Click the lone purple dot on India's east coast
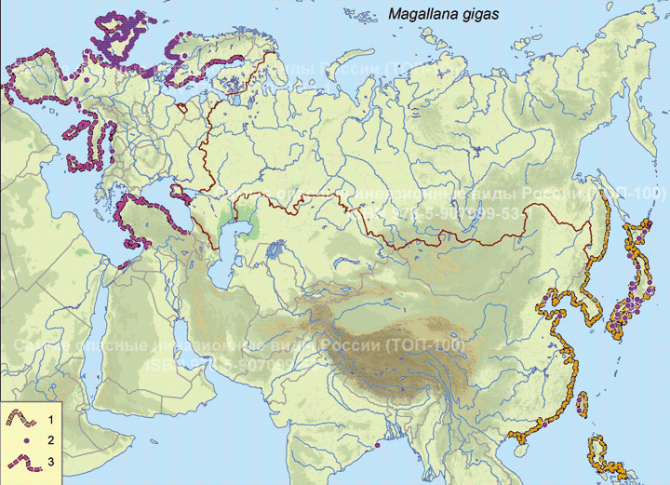click(x=377, y=445)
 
